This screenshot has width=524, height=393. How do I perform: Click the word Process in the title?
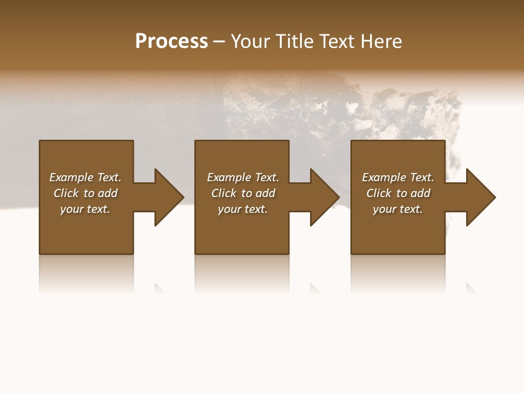(171, 41)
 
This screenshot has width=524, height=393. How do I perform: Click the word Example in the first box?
(72, 177)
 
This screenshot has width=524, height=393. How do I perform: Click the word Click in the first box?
(66, 193)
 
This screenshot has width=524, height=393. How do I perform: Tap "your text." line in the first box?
(85, 209)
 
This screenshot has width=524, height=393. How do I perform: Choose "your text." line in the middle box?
(243, 209)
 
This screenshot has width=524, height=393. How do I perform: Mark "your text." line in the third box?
(398, 209)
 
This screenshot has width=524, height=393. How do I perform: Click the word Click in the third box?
(379, 193)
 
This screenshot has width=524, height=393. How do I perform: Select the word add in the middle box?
(265, 193)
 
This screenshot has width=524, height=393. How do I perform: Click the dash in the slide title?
(219, 41)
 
